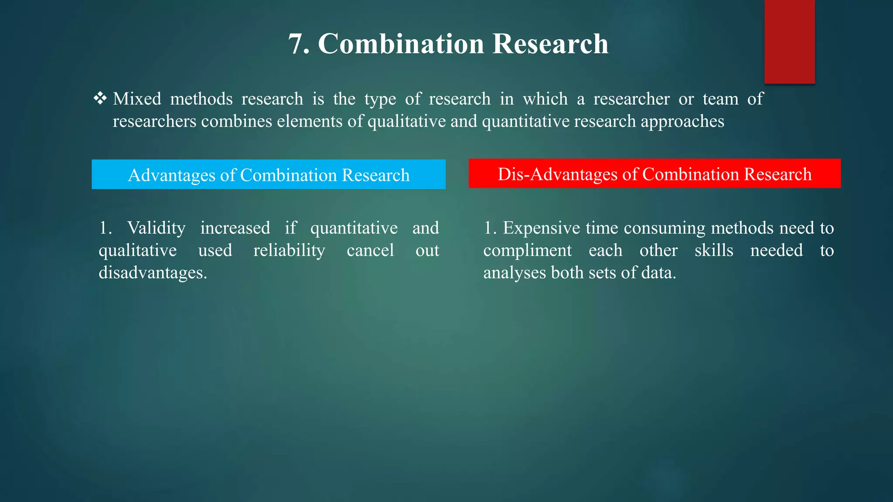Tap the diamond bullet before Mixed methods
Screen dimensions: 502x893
tap(100, 98)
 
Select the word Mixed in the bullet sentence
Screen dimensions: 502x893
tap(137, 99)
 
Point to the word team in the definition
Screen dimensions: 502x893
tap(720, 99)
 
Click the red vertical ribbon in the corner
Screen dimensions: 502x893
tap(789, 41)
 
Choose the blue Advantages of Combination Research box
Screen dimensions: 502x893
tap(269, 175)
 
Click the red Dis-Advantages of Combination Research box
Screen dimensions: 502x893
tap(654, 174)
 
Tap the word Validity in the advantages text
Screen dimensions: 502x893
tap(156, 228)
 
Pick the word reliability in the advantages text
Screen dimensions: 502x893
tap(289, 251)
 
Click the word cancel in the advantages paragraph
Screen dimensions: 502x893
tap(370, 251)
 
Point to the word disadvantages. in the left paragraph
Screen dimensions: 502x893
tap(153, 273)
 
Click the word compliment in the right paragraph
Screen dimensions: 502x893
tap(527, 251)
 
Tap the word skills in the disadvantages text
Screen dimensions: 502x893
tap(714, 251)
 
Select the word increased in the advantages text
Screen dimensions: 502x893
tap(235, 228)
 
